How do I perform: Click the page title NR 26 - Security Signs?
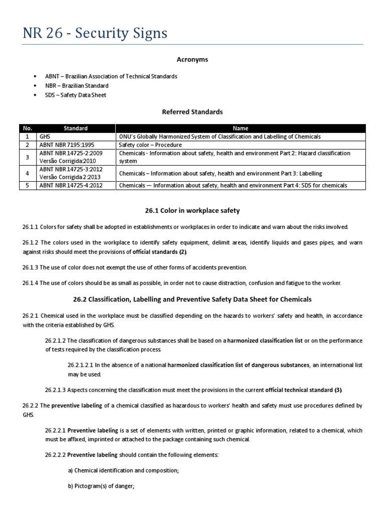coord(95,34)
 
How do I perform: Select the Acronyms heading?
coord(192,60)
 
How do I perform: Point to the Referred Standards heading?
coord(192,112)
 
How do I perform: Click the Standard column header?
coord(76,128)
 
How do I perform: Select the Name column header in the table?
coord(244,128)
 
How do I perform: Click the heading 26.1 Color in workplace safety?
coord(192,210)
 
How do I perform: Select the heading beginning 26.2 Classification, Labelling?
coord(192,299)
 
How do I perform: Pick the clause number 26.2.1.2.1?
coord(82,364)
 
